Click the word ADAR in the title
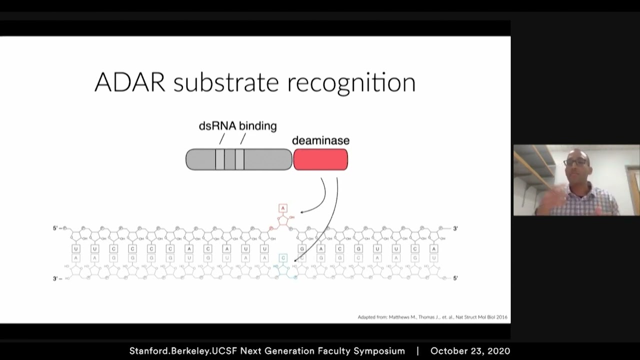(129, 82)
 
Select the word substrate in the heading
(226, 83)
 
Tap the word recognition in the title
(351, 83)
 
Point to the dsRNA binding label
(237, 126)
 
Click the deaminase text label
(320, 141)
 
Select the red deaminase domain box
(320, 159)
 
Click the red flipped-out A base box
(283, 208)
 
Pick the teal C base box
(283, 258)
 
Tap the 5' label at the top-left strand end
(56, 228)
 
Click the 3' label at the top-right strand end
(455, 228)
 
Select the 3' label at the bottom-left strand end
(56, 278)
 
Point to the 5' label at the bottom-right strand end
(455, 278)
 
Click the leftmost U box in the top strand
(76, 248)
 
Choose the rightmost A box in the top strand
(433, 248)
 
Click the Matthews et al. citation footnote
(432, 317)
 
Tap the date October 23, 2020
(470, 351)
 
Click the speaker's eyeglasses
(575, 162)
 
